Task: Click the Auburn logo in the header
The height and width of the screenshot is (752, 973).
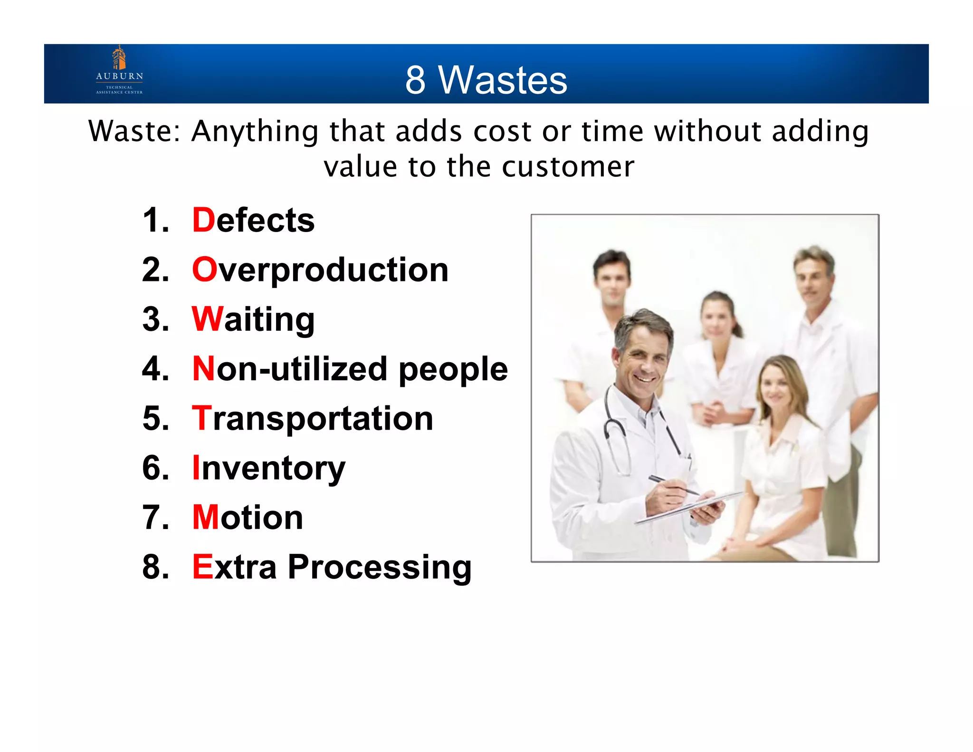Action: [119, 70]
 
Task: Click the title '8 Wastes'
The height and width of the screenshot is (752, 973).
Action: [486, 80]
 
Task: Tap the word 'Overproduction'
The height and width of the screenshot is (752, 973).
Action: [320, 270]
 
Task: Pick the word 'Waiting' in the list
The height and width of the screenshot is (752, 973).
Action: [253, 319]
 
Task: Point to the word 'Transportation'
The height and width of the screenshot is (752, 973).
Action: [313, 418]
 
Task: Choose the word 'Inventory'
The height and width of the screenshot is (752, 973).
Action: [269, 468]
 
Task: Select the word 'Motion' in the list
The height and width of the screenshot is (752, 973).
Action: [248, 517]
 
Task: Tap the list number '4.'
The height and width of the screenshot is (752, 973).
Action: [155, 369]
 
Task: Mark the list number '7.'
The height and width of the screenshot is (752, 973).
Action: [155, 517]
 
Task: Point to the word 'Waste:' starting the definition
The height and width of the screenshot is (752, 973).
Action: [134, 131]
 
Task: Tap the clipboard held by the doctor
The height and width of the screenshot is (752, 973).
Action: [689, 509]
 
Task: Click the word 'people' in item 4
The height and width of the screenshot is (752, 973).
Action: [453, 370]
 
